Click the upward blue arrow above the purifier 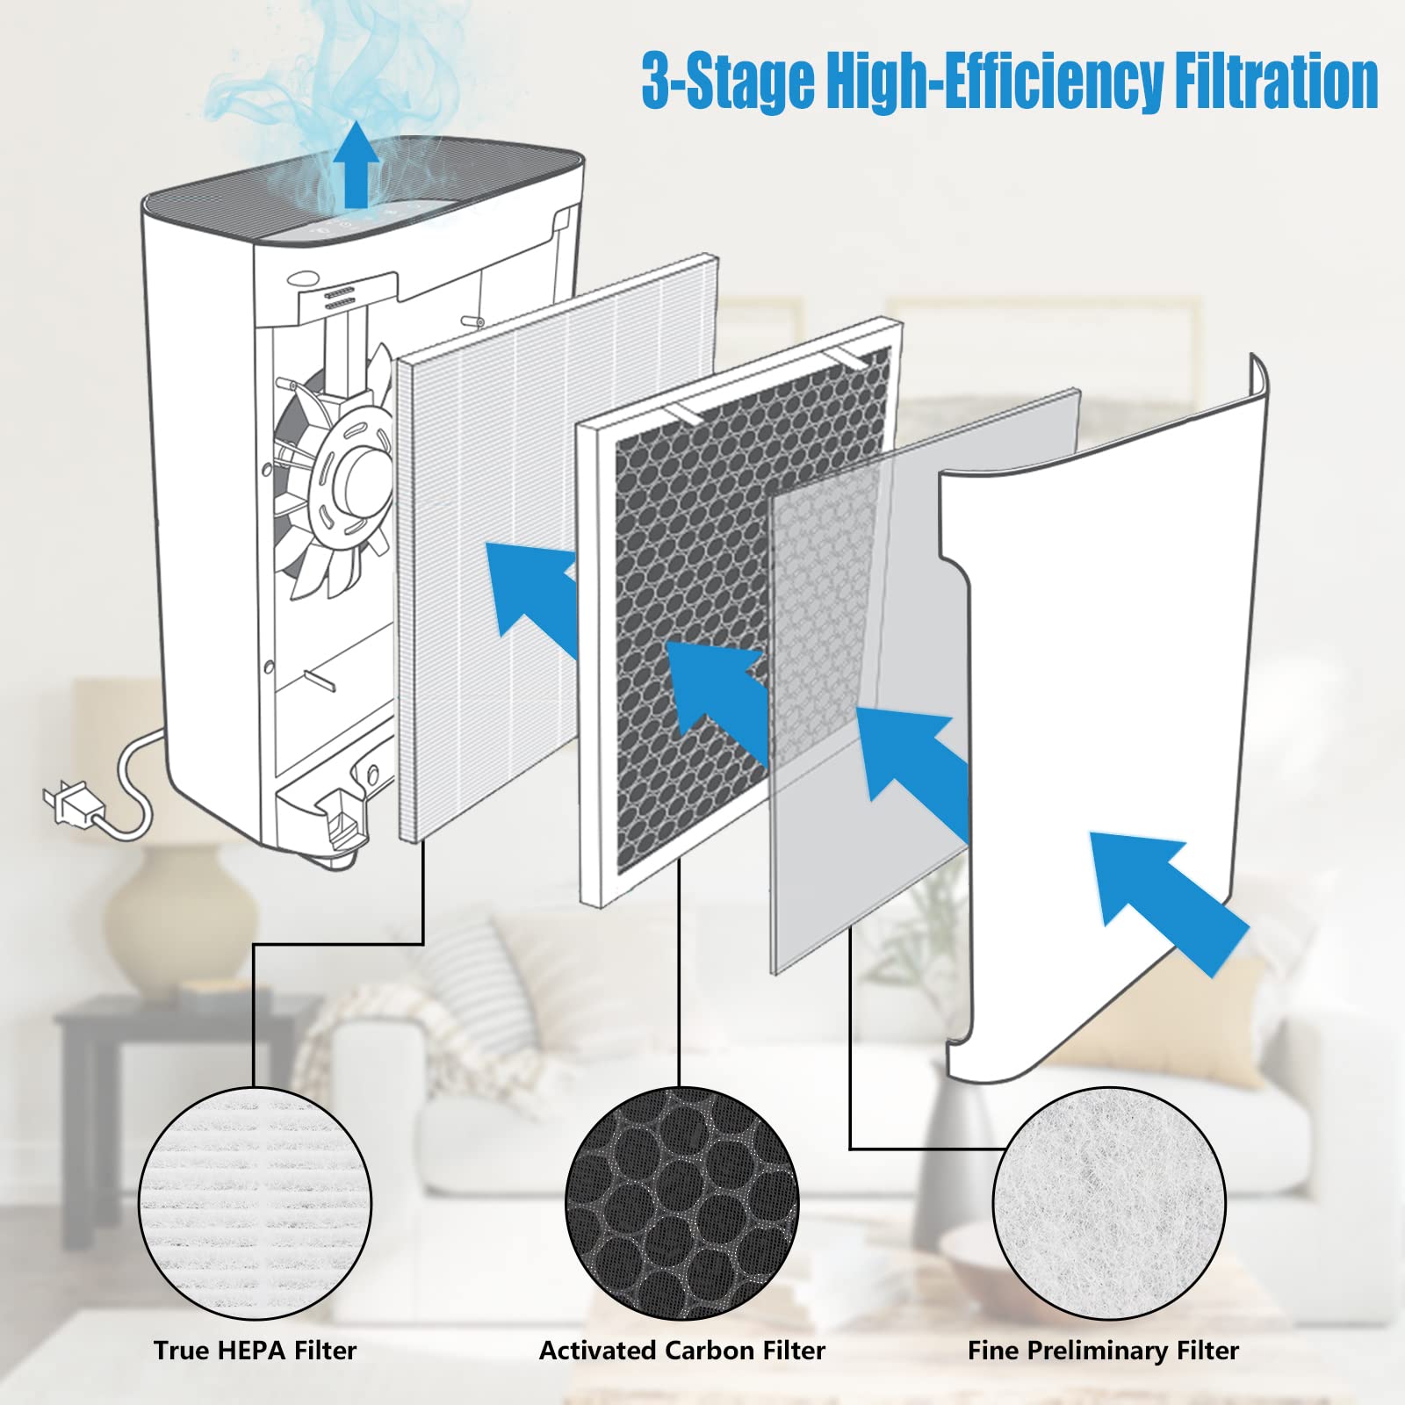tap(356, 167)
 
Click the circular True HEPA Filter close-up tap(255, 1203)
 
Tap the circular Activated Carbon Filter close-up tap(681, 1203)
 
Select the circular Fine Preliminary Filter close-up tap(1108, 1203)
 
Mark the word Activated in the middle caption tap(597, 1351)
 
